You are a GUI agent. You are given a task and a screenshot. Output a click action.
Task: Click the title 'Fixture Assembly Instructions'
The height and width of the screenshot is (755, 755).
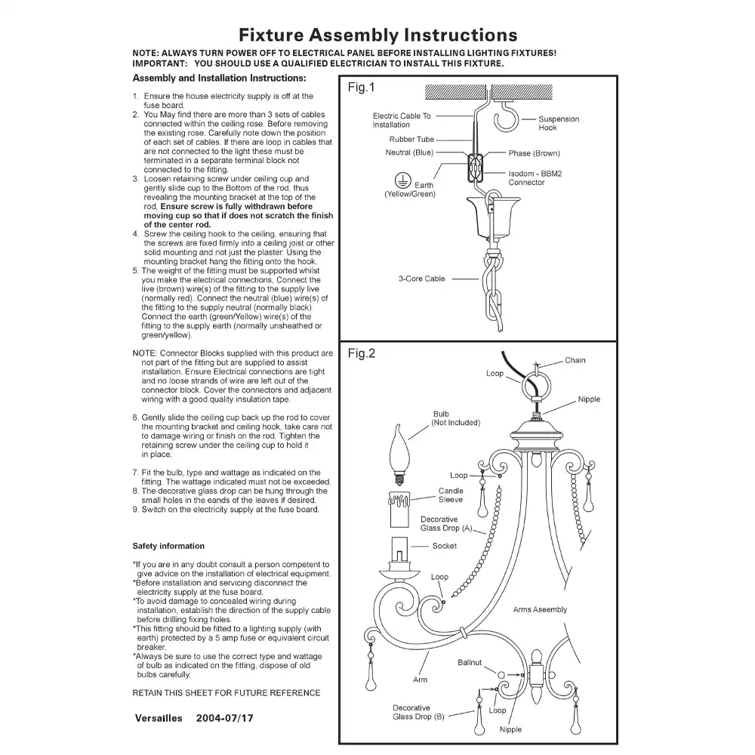point(377,35)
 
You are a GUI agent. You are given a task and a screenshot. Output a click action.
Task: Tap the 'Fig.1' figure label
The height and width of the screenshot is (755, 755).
point(361,88)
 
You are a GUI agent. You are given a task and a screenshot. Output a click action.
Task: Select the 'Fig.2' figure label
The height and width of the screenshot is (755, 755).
point(361,353)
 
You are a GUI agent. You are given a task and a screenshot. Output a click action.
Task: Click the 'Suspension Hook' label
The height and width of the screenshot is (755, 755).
point(559,123)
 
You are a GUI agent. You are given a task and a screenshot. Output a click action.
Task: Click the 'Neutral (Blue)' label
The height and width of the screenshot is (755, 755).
point(409,153)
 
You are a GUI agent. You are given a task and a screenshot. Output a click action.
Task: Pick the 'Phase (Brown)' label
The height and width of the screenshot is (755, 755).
point(534,153)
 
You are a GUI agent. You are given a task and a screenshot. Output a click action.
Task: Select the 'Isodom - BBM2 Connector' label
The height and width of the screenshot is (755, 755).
point(535,177)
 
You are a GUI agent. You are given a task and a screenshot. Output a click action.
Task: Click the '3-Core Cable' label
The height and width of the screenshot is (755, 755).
point(422,279)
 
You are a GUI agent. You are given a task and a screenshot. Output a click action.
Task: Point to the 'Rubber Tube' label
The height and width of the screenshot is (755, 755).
point(411,140)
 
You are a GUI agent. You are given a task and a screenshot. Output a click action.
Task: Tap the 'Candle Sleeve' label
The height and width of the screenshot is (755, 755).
point(451,495)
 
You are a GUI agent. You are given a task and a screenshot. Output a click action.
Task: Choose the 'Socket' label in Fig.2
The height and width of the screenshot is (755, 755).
point(444,546)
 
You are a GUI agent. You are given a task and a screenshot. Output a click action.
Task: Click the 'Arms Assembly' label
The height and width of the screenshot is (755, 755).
point(540,609)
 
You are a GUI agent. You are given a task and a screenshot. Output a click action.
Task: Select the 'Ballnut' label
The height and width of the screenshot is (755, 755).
point(469,662)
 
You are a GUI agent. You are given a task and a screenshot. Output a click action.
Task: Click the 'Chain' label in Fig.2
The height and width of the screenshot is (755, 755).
point(575,360)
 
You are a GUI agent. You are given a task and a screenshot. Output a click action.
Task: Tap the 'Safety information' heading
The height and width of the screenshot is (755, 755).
point(168,546)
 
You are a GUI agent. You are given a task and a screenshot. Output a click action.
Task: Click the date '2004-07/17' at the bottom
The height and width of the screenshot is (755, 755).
point(225,718)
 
